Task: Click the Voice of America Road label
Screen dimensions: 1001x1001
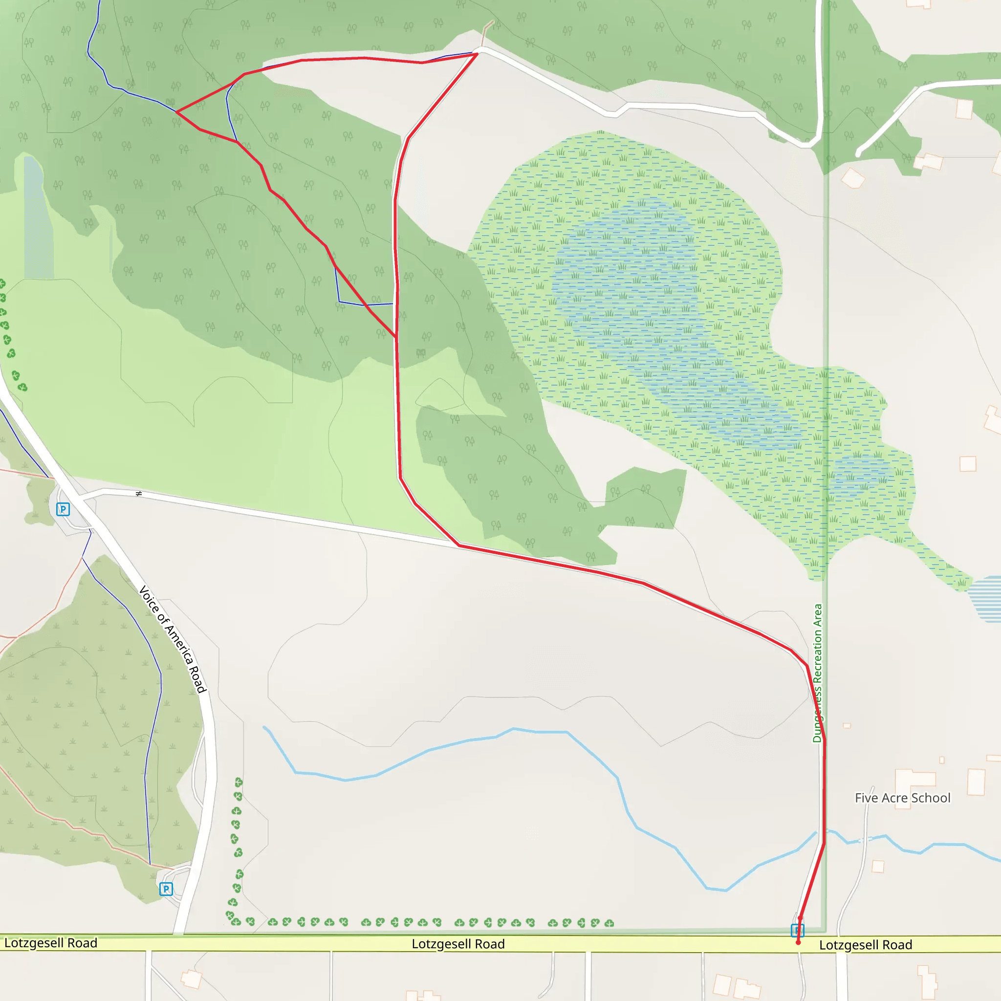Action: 173,639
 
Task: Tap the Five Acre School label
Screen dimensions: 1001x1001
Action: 902,798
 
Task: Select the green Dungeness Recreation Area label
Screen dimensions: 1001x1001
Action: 817,673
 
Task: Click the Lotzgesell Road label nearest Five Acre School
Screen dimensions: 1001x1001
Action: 865,944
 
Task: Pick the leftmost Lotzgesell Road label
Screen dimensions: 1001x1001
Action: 51,942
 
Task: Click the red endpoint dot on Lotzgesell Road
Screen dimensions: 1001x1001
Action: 798,942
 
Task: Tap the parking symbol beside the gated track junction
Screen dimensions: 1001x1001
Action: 63,509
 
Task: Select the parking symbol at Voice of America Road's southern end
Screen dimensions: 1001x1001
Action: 166,889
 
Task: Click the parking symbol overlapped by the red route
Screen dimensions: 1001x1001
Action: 797,931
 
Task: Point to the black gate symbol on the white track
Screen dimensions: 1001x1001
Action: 138,494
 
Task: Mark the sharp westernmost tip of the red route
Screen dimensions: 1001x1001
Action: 177,112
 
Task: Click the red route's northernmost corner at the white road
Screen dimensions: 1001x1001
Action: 477,54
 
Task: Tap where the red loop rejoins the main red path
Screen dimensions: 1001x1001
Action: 396,337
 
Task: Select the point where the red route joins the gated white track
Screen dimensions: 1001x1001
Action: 459,545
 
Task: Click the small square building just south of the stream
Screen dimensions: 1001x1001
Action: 878,866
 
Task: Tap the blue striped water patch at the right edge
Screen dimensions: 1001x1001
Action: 985,598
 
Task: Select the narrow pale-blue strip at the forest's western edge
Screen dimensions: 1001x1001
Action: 37,218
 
